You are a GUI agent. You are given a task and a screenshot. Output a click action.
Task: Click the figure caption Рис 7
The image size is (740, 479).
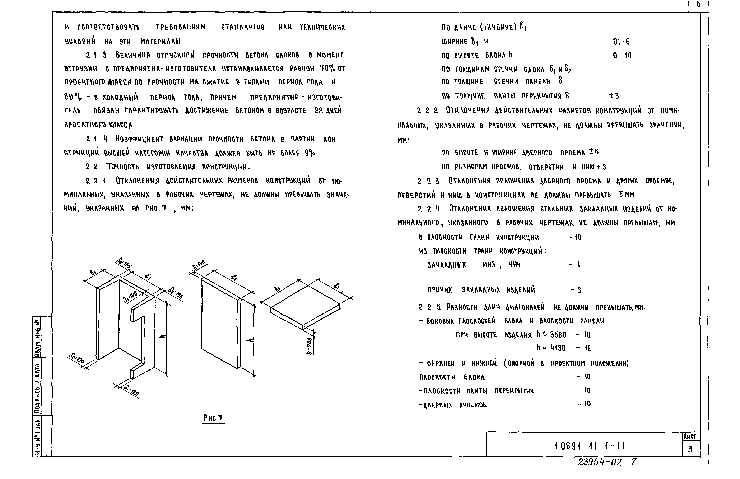(213, 418)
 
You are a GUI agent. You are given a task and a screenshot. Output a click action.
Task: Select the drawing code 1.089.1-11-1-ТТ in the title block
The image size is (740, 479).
(590, 446)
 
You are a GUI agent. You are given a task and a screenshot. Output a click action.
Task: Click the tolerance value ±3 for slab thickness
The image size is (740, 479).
(614, 96)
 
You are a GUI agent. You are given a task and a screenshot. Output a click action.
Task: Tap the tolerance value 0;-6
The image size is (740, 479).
(621, 41)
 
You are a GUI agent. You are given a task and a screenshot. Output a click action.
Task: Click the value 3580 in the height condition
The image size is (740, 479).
(558, 335)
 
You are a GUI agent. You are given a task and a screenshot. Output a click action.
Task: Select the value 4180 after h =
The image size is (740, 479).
(558, 348)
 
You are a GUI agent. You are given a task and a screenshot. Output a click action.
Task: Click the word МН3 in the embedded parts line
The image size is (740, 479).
(489, 265)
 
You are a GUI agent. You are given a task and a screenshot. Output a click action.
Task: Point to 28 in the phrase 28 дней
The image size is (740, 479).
(319, 110)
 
